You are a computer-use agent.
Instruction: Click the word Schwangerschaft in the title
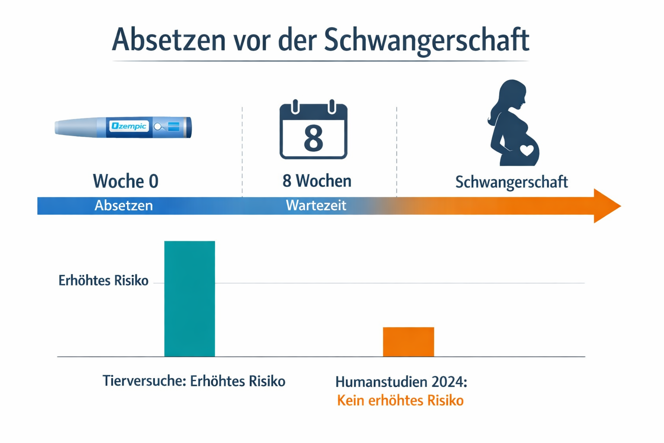(x=426, y=40)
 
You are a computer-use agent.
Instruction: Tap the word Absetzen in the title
(x=169, y=40)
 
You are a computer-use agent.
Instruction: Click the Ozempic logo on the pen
(x=129, y=126)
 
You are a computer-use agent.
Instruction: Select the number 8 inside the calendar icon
(x=313, y=139)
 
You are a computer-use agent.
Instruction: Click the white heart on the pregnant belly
(x=527, y=150)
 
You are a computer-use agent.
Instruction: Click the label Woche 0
(x=125, y=181)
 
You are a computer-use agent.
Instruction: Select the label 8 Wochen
(x=317, y=181)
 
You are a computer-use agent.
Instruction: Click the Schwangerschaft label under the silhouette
(x=511, y=182)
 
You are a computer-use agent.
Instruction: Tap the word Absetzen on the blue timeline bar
(x=124, y=205)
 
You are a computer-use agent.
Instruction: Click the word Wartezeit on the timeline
(x=316, y=205)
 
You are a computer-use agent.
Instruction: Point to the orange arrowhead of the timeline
(x=606, y=206)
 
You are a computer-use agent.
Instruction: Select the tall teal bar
(x=189, y=299)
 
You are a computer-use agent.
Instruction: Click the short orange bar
(x=408, y=342)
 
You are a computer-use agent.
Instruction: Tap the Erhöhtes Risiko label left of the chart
(x=103, y=281)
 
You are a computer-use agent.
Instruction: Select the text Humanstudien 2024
(x=401, y=382)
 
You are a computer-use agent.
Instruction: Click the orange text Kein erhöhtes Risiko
(x=400, y=401)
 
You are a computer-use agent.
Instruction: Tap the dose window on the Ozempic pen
(x=173, y=126)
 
